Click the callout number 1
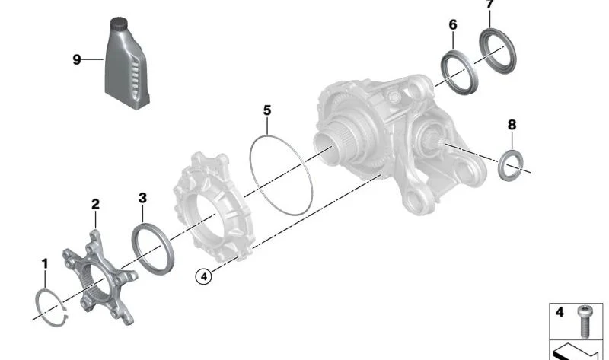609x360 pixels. pos(45,264)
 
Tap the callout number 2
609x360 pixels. pos(95,204)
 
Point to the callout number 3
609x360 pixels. pos(142,198)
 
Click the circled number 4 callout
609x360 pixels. pos(202,276)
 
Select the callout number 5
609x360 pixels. pos(267,110)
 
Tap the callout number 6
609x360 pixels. pos(453,25)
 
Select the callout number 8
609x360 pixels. pos(512,124)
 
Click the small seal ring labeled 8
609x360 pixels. pos(512,166)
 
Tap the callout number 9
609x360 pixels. pos(76,59)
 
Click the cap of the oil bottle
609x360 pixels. pos(120,25)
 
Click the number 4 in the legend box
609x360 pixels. pos(560,312)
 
